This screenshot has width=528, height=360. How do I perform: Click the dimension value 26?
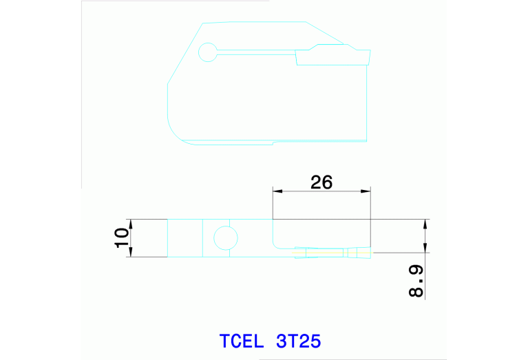pos(321,182)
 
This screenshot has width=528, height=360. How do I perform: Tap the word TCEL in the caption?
pos(242,341)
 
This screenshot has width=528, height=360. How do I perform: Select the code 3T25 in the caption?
pos(298,341)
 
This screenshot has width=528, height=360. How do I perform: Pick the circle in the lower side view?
pos(226,238)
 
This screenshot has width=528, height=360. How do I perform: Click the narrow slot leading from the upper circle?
pos(255,51)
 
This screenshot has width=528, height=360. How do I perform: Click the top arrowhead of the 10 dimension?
pos(131,222)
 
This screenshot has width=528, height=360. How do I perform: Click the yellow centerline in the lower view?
pos(324,253)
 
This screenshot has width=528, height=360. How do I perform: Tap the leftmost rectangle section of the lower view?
pos(184,238)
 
